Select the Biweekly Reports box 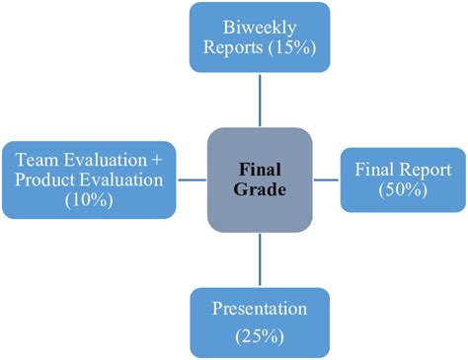coord(259,37)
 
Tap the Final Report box coord(403,179)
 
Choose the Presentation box coord(259,322)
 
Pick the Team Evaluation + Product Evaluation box coord(89,179)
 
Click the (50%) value coord(404,190)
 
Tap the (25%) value coord(259,336)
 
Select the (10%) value coord(89,200)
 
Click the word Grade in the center coord(261,189)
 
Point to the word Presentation coord(259,309)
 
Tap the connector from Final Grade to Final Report coord(326,179)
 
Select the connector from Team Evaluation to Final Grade coord(192,179)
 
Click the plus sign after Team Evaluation coord(160,158)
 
